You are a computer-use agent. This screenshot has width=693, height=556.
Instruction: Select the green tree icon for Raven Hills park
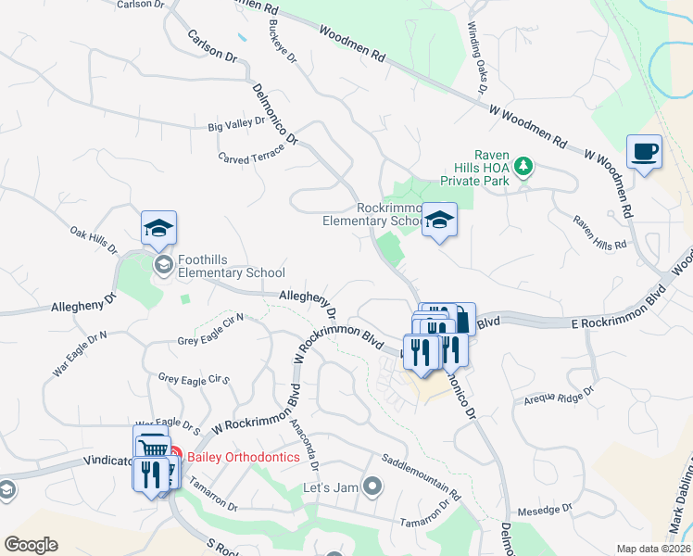click(524, 166)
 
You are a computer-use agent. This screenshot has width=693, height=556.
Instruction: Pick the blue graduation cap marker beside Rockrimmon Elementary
click(439, 221)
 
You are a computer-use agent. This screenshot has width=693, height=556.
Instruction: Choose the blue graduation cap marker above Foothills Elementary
click(158, 229)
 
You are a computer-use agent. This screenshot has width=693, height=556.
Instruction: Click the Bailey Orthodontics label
click(244, 456)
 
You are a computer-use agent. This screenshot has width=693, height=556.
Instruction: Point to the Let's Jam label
click(331, 486)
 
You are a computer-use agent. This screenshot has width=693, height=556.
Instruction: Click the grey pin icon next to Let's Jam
click(372, 485)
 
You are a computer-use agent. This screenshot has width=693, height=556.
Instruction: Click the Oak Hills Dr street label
click(94, 240)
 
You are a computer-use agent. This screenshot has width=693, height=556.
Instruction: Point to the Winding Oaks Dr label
click(476, 58)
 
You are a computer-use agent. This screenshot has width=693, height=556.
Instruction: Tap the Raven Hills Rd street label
click(599, 233)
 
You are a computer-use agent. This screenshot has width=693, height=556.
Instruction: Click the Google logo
click(31, 545)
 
